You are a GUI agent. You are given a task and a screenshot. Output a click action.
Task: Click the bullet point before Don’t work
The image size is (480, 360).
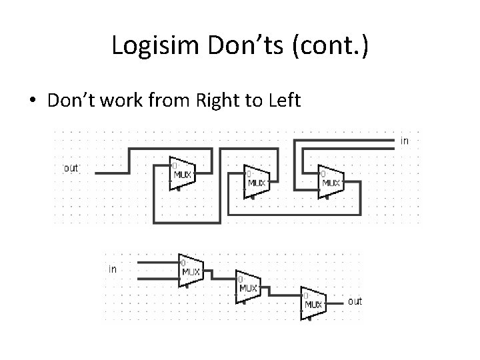pyautogui.click(x=32, y=101)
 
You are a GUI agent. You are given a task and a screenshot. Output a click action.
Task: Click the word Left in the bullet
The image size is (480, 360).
pyautogui.click(x=285, y=101)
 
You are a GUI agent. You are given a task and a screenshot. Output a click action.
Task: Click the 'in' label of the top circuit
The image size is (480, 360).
pyautogui.click(x=404, y=141)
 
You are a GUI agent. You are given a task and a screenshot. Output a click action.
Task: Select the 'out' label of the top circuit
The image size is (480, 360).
pyautogui.click(x=71, y=168)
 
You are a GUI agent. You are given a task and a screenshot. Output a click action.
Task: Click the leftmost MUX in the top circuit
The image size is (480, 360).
pyautogui.click(x=181, y=175)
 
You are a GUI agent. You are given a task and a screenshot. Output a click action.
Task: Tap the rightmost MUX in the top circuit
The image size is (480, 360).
pyautogui.click(x=330, y=180)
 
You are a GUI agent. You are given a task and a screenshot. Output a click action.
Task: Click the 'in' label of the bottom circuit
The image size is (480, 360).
pyautogui.click(x=112, y=269)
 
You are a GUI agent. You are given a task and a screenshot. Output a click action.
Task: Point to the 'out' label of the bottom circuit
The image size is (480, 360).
pyautogui.click(x=355, y=301)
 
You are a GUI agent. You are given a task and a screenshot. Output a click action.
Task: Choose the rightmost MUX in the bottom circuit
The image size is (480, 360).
pyautogui.click(x=313, y=302)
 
